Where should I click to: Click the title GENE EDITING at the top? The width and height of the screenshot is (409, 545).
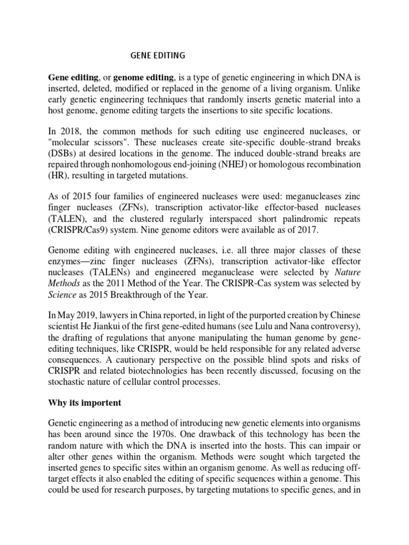tap(158, 54)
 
